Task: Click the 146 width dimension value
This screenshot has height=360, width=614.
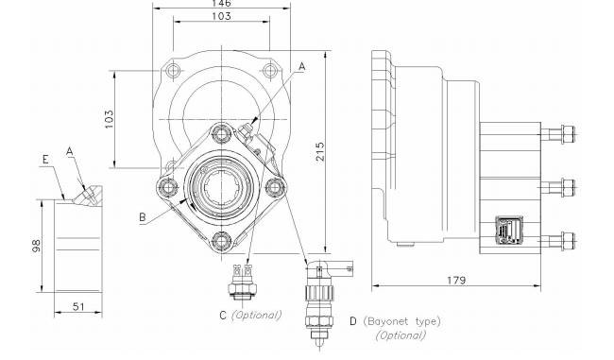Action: pyautogui.click(x=221, y=3)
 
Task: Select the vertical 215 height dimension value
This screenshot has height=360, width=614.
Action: pyautogui.click(x=320, y=151)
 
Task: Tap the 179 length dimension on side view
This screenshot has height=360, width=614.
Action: pyautogui.click(x=456, y=281)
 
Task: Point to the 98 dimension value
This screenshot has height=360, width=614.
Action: pyautogui.click(x=36, y=246)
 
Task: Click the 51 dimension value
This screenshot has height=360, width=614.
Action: pyautogui.click(x=79, y=306)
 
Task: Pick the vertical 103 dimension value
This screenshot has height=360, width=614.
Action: pyautogui.click(x=109, y=119)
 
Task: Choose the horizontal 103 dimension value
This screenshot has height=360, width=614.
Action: pyautogui.click(x=222, y=16)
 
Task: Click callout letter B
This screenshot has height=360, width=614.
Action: pyautogui.click(x=143, y=217)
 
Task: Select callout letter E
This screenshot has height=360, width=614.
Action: pyautogui.click(x=45, y=160)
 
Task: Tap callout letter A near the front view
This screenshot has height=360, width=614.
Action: pyautogui.click(x=301, y=66)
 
